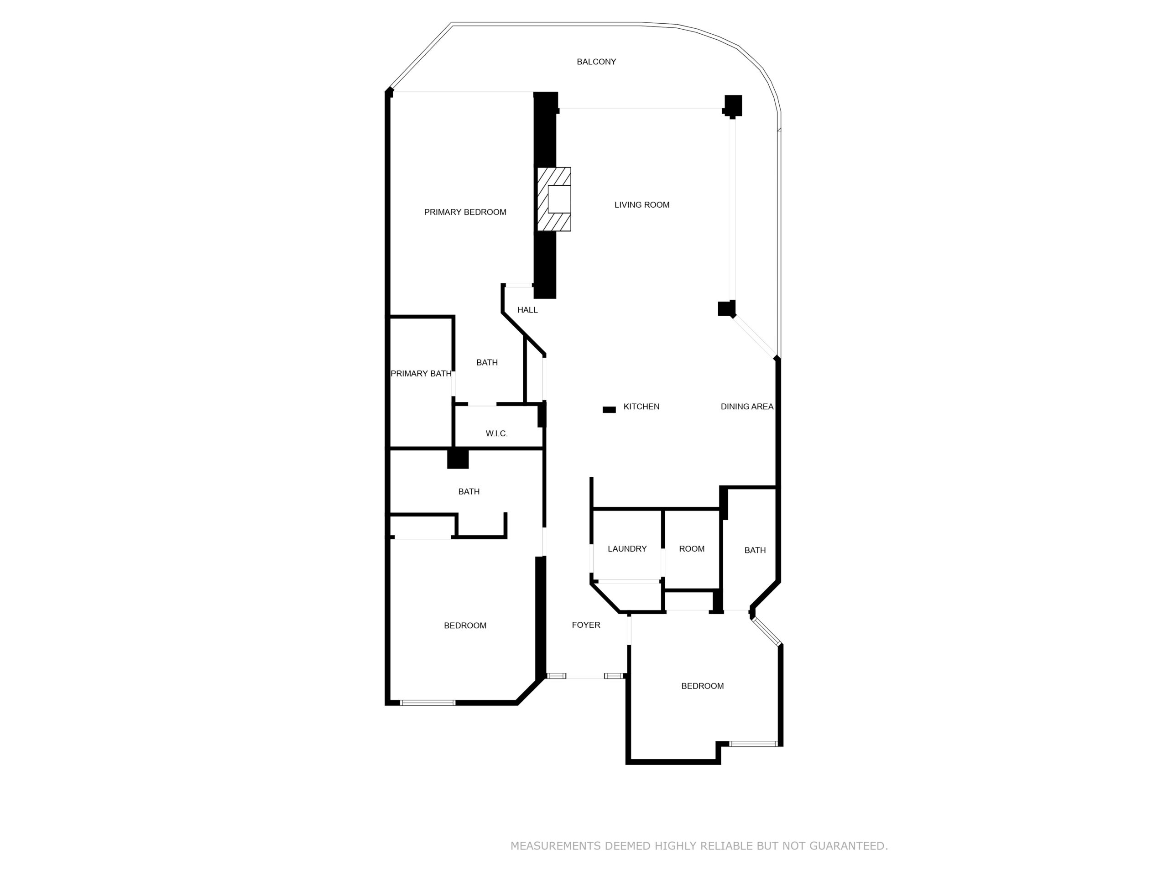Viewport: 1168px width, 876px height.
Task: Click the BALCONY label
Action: (596, 62)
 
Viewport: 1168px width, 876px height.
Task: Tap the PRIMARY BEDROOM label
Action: (464, 212)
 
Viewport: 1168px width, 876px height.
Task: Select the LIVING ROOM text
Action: (641, 205)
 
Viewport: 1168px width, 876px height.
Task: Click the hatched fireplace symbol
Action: (554, 199)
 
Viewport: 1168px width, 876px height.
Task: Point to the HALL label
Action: (527, 310)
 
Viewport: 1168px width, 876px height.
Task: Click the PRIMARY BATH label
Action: (421, 374)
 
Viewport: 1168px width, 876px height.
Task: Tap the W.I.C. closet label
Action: (496, 433)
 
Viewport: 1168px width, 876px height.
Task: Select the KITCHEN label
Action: (641, 407)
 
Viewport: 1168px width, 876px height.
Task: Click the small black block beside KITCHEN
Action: (609, 410)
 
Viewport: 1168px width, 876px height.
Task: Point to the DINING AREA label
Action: (746, 407)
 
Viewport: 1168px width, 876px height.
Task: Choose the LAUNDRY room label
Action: (627, 548)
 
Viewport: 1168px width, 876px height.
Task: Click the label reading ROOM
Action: (691, 548)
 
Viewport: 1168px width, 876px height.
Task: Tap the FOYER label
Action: (585, 625)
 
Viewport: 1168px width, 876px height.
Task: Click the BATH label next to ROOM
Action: (755, 550)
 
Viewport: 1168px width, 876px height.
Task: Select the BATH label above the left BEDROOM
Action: (469, 491)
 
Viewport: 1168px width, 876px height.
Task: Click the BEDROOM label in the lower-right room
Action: (702, 686)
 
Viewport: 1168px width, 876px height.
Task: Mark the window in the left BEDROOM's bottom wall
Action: (428, 703)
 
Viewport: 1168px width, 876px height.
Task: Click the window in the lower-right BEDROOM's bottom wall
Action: (753, 744)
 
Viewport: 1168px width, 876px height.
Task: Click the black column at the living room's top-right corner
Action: (733, 105)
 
